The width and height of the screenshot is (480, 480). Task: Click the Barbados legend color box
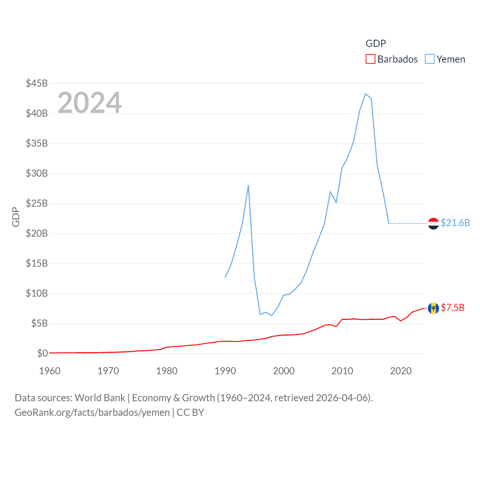(x=370, y=59)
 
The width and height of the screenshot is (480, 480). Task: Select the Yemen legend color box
(x=430, y=59)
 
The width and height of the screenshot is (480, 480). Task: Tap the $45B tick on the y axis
(x=37, y=83)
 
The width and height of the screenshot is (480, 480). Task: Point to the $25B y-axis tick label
(x=37, y=203)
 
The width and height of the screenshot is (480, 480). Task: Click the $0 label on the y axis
(x=42, y=353)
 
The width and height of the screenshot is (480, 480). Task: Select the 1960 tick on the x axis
(x=50, y=371)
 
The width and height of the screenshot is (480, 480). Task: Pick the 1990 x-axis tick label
(x=225, y=371)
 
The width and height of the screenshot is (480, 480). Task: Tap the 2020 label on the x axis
(x=401, y=371)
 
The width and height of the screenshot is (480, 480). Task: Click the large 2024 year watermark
(x=90, y=103)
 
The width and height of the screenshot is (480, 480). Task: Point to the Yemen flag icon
(x=433, y=223)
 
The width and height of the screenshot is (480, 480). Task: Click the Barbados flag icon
(x=433, y=308)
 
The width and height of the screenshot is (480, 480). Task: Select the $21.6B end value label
(x=455, y=223)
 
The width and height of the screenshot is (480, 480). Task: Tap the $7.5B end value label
(x=453, y=307)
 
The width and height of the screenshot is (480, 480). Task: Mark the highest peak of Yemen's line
(x=365, y=94)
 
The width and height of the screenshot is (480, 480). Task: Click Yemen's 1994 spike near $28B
(x=248, y=185)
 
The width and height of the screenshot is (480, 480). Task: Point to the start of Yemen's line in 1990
(x=225, y=277)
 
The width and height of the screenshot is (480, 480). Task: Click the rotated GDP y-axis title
(x=16, y=217)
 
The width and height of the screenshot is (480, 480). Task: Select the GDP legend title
(x=376, y=43)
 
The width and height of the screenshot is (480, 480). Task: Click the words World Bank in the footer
(x=100, y=398)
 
